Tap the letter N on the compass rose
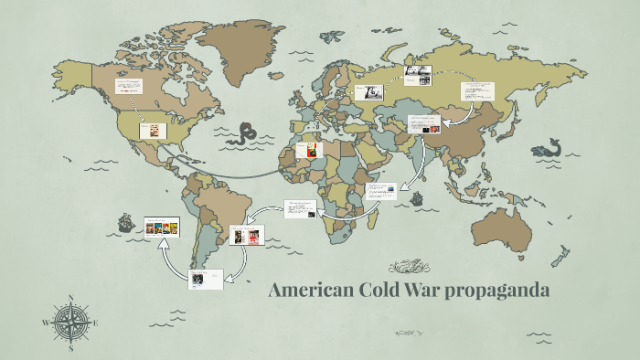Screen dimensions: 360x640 tap(70, 297)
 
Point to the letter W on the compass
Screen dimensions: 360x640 tap(45, 323)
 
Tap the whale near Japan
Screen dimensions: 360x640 tap(550, 146)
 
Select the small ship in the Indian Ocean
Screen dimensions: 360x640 tap(417, 196)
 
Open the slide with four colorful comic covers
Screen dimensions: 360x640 tap(162, 227)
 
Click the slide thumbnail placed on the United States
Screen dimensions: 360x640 tap(153, 131)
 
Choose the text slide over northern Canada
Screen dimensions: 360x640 tap(128, 90)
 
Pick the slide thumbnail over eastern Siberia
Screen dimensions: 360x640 tap(476, 93)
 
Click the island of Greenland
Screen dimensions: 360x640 tap(240, 46)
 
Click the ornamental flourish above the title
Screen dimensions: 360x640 tap(410, 268)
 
